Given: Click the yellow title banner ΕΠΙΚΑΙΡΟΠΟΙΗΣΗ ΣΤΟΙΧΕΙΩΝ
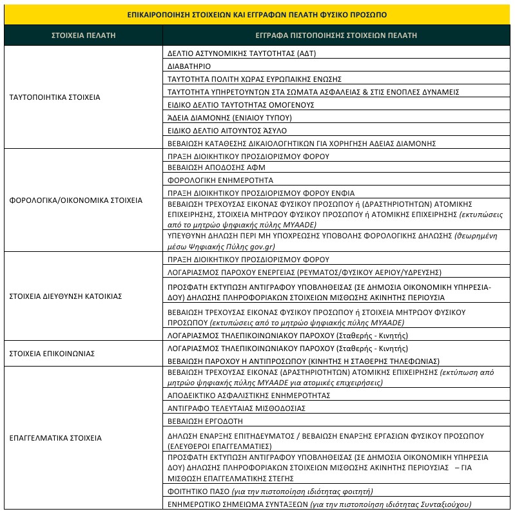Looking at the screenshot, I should point(257,14).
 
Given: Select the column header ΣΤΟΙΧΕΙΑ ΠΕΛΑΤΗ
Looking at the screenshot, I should point(83,35).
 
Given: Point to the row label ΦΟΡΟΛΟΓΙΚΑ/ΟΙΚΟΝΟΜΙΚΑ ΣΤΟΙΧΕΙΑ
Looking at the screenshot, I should point(76,200).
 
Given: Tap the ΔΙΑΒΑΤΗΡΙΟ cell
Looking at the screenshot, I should point(189,66).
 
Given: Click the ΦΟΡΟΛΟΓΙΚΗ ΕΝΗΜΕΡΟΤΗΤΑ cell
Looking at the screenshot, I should point(220,180).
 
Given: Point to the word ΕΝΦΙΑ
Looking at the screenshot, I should point(342,193).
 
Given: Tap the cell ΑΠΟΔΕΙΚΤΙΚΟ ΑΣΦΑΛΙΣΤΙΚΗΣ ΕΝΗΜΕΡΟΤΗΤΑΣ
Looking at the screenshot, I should point(249,394).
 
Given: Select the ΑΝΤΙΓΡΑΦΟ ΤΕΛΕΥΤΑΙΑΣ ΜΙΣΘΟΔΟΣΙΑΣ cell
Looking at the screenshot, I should point(236,408).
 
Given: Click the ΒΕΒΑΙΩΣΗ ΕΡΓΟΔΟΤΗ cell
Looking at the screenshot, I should point(205,421).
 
